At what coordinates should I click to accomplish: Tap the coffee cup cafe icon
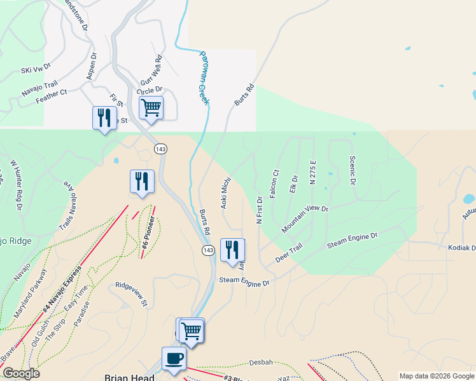click(x=174, y=359)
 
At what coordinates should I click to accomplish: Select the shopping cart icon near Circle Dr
click(x=151, y=108)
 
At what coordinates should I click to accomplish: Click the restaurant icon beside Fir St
click(x=104, y=118)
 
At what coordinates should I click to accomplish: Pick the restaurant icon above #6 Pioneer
click(x=142, y=182)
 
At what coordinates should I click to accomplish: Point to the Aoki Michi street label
click(x=225, y=193)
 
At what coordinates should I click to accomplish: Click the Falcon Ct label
click(x=275, y=184)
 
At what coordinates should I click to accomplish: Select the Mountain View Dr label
click(x=305, y=218)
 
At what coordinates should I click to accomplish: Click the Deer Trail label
click(x=288, y=255)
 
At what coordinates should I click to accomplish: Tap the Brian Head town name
click(x=130, y=377)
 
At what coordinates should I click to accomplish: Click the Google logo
click(x=20, y=373)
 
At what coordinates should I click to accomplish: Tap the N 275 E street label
click(x=312, y=173)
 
